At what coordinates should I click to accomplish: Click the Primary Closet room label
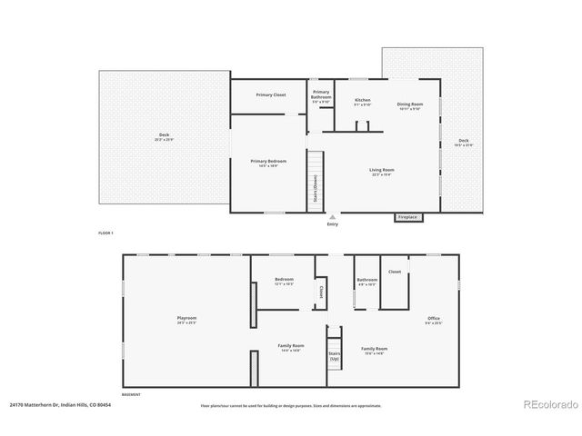(x=271, y=94)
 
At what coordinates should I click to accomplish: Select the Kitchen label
(x=362, y=100)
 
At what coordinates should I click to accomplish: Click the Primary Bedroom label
(x=265, y=162)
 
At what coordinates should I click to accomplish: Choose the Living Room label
(x=381, y=170)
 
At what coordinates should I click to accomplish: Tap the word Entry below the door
(x=332, y=223)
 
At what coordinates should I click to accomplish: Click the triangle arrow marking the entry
(x=332, y=217)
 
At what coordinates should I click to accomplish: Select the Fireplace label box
(x=407, y=217)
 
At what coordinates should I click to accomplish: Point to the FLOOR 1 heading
(x=105, y=233)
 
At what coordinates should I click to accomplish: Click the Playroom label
(x=186, y=318)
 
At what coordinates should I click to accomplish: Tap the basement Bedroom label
(x=284, y=280)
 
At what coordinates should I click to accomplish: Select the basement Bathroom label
(x=366, y=280)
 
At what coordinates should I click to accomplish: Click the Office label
(x=433, y=318)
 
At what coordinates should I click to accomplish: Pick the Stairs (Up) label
(x=334, y=356)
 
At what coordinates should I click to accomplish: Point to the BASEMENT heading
(x=132, y=395)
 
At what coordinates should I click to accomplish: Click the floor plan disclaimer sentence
(x=290, y=406)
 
